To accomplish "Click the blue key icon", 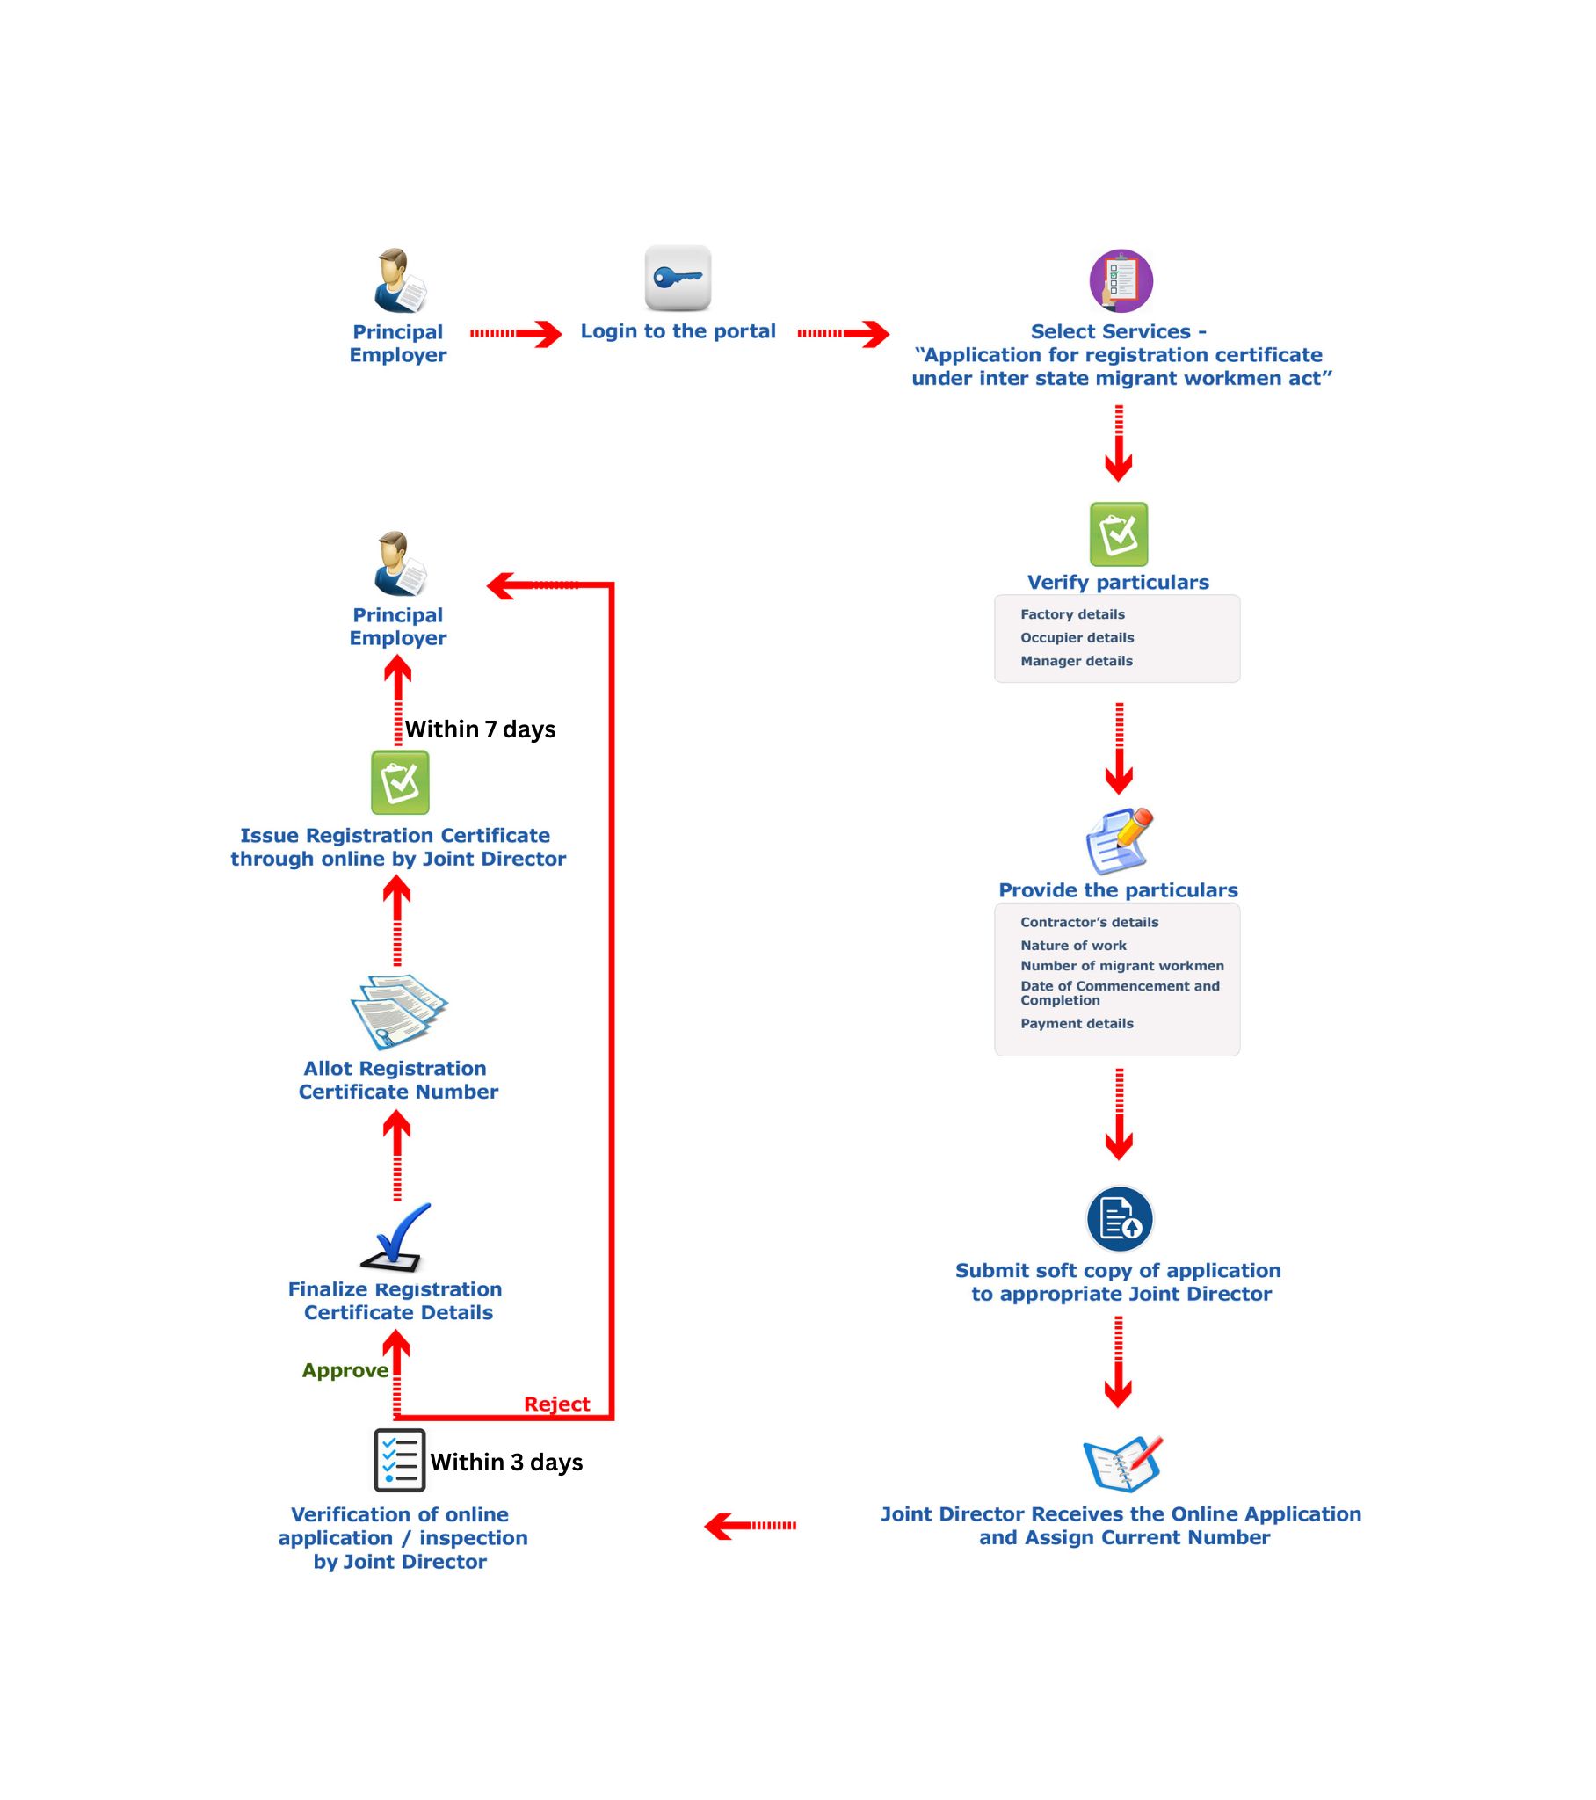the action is coord(678,279).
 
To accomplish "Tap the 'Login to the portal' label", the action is coord(678,331).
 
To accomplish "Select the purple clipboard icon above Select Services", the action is coord(1121,281).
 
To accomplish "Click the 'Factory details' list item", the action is coord(1072,614).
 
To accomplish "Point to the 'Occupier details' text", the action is coord(1077,637).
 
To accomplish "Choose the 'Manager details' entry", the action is coord(1077,660).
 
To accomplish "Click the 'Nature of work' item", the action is coord(1073,945).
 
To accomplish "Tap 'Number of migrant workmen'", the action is coord(1122,965).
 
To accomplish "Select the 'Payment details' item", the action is coord(1077,1023).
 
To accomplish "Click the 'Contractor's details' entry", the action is coord(1089,922).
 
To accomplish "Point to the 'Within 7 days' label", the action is coord(480,729).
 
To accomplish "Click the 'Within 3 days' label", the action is coord(506,1462).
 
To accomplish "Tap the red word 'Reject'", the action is coord(556,1404).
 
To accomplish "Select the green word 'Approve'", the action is coord(345,1370).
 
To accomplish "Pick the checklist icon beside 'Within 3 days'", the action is coord(399,1460).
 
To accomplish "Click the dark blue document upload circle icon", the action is coord(1120,1219).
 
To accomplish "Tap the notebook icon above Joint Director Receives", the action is coord(1122,1463).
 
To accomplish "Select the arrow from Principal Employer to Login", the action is coord(515,334).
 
